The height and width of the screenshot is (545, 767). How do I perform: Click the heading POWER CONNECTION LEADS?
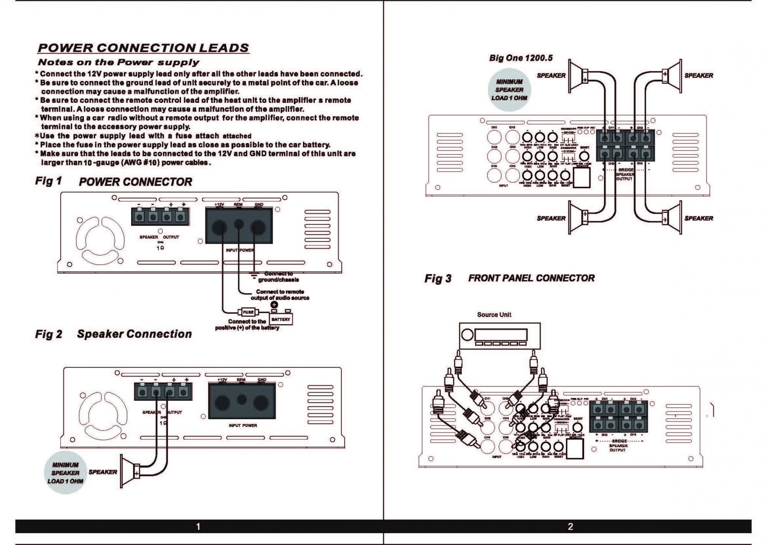143,48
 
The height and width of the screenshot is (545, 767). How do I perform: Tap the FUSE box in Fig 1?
248,312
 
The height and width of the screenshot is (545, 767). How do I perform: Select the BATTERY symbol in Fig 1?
281,319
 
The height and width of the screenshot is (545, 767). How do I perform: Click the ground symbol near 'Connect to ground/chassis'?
253,274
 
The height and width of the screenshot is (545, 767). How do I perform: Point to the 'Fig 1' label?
48,181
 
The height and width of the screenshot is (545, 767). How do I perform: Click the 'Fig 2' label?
48,334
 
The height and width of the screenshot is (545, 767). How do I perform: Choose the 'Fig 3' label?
438,279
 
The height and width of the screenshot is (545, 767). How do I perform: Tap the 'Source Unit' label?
494,315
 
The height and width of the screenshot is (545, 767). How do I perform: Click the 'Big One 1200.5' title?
521,58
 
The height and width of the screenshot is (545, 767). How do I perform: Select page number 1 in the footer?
198,527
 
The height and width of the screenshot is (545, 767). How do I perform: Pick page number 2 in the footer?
570,527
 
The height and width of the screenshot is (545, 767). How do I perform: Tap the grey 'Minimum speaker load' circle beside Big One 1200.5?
509,90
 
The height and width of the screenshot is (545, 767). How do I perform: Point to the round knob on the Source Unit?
467,335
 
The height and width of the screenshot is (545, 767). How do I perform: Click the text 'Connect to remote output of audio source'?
280,295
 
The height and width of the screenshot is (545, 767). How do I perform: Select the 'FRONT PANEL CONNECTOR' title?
531,278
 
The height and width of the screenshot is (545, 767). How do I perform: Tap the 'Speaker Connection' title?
134,334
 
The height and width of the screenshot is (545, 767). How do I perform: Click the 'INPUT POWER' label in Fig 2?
243,425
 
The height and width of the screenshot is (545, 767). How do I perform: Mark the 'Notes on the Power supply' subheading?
119,62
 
